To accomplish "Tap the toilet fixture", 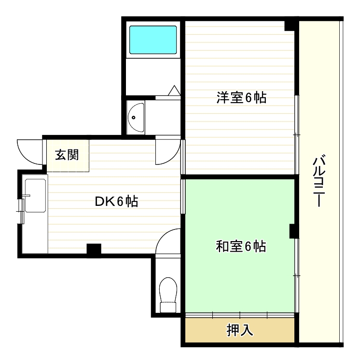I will click(168, 295).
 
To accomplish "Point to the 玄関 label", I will click(67, 155).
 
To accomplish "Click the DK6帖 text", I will click(116, 202).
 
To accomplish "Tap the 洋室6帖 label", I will click(241, 98).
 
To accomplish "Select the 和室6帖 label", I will click(240, 247).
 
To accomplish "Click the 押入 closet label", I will click(240, 331).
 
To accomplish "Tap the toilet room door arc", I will click(169, 241).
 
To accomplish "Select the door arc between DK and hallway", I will click(167, 152).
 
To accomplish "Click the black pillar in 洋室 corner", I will click(291, 25).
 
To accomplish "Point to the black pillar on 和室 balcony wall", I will click(293, 231).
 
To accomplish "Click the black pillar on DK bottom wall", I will click(94, 249).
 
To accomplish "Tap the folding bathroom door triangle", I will click(174, 90).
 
